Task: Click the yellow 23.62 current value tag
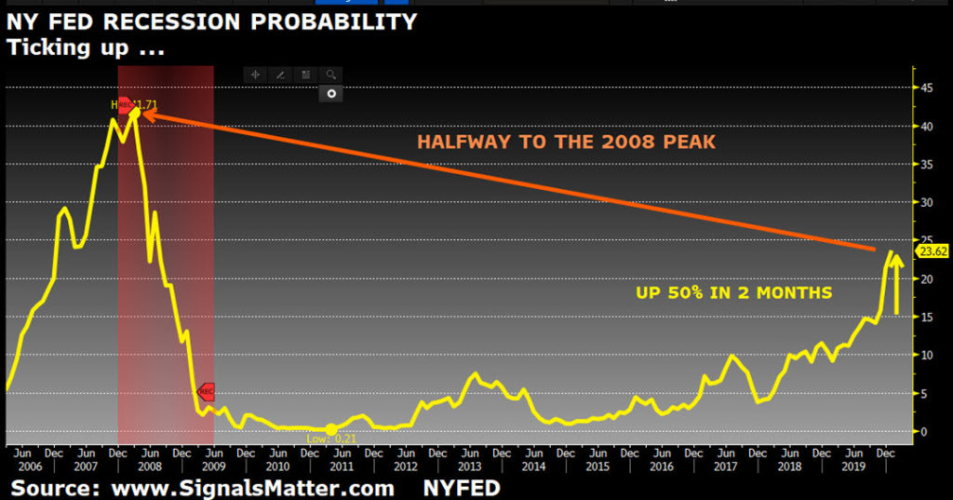(932, 251)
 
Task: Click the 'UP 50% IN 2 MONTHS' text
(733, 292)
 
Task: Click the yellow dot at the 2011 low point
(330, 429)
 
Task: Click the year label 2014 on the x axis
(532, 467)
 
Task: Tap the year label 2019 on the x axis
(852, 467)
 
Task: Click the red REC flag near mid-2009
(207, 393)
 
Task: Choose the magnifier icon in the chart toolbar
(331, 74)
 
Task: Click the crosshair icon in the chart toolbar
(255, 74)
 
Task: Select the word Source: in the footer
(56, 488)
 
